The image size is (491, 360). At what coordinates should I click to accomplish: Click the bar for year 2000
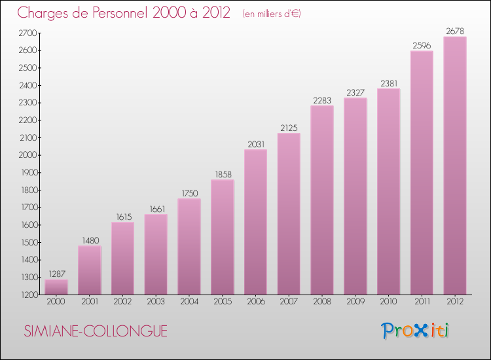[x=56, y=287]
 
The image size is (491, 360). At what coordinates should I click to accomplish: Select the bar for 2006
[x=255, y=223]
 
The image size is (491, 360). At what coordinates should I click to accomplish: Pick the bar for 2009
[x=355, y=196]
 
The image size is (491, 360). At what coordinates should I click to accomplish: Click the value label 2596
[x=422, y=45]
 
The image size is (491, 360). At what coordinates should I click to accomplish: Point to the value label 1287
[x=56, y=274]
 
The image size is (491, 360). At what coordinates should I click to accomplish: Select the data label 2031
[x=255, y=144]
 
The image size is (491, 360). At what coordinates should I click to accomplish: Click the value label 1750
[x=189, y=193]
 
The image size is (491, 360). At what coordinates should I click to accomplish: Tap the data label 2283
[x=322, y=100]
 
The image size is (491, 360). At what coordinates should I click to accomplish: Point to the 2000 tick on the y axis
[x=29, y=155]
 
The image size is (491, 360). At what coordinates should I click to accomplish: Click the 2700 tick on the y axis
[x=29, y=33]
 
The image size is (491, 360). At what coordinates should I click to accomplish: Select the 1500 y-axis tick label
[x=29, y=242]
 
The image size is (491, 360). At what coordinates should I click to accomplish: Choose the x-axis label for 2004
[x=189, y=302]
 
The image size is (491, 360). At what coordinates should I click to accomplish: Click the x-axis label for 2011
[x=422, y=302]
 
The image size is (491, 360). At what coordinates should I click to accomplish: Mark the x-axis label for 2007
[x=289, y=302]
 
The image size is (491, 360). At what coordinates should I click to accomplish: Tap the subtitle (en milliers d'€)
[x=271, y=14]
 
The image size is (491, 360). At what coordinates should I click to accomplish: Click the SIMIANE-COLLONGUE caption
[x=96, y=332]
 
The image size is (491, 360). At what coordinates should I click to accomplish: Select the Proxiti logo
[x=416, y=331]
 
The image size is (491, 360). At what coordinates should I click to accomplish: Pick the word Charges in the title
[x=43, y=12]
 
